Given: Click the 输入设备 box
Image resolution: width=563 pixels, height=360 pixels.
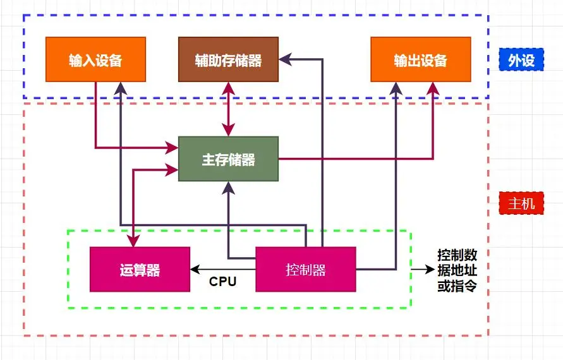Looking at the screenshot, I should coord(95,59).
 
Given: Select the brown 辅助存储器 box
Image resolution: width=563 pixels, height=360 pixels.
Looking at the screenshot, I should coord(228,59).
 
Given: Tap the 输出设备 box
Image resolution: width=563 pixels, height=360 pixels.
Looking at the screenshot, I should coord(420,59).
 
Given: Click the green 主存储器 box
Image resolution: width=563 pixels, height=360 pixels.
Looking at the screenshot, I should coord(228,159).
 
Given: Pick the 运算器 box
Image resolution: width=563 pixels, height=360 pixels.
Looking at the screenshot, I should coord(140,270).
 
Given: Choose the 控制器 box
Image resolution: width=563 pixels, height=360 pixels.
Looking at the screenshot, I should coord(306,270).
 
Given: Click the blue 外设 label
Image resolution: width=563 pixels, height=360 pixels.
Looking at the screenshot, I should coord(521,60).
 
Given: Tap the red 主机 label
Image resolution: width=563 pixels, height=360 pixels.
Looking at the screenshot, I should coord(521,203).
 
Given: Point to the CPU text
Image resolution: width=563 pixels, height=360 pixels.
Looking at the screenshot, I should coord(222,282).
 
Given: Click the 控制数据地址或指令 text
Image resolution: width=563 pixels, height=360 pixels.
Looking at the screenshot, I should coord(457,270).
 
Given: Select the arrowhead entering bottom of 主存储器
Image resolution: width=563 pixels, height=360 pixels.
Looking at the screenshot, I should coord(228,186).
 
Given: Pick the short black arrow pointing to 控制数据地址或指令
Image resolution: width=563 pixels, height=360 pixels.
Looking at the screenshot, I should coord(420,270).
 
